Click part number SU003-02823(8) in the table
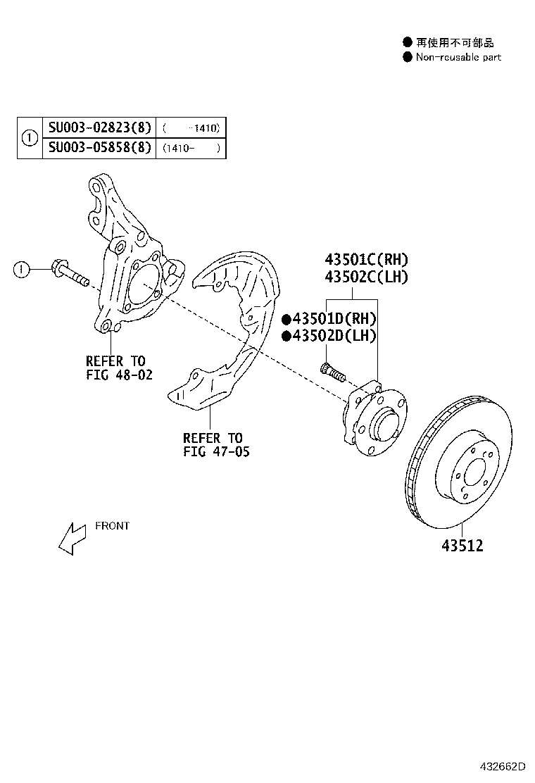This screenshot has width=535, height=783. pyautogui.click(x=99, y=127)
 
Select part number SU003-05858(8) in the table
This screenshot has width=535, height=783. pyautogui.click(x=99, y=148)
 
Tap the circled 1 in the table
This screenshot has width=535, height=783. pyautogui.click(x=30, y=138)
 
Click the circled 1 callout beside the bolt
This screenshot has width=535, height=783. pyautogui.click(x=23, y=268)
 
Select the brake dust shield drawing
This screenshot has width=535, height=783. pyautogui.click(x=225, y=331)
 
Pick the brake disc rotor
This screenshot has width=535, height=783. pyautogui.click(x=465, y=465)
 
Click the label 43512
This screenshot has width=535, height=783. pyautogui.click(x=462, y=546)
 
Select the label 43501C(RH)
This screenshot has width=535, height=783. pyautogui.click(x=366, y=260)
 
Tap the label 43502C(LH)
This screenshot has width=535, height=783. pyautogui.click(x=366, y=277)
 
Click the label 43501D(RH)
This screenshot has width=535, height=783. pyautogui.click(x=334, y=319)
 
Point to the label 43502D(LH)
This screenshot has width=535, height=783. pyautogui.click(x=334, y=336)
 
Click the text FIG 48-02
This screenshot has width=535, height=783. pyautogui.click(x=119, y=375)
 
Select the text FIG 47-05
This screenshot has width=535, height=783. pyautogui.click(x=216, y=451)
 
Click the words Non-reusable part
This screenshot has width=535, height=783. pyautogui.click(x=458, y=57)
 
